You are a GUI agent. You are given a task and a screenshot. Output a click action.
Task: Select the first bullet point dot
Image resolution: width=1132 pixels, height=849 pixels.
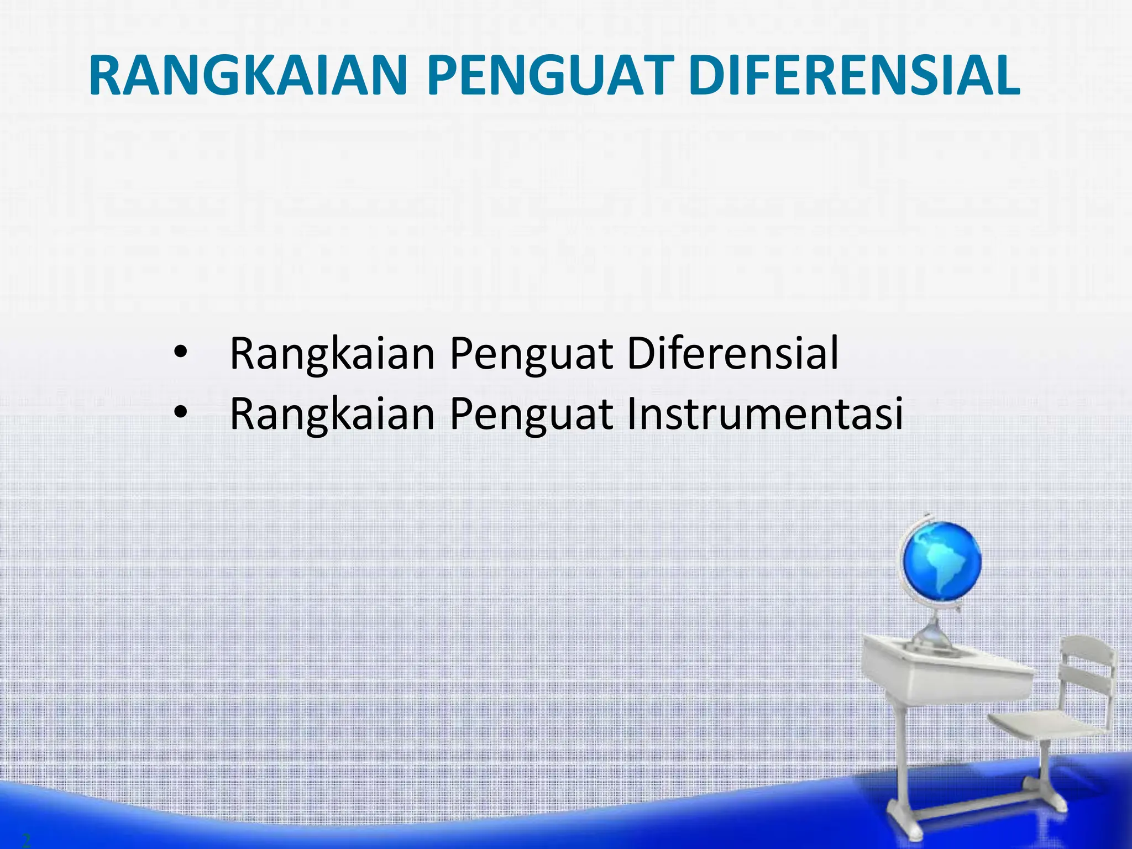181,352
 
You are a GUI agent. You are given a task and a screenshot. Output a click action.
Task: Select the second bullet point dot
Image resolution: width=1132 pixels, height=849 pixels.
181,412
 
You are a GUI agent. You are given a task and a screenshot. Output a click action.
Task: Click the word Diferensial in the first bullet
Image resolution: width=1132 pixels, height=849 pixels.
733,353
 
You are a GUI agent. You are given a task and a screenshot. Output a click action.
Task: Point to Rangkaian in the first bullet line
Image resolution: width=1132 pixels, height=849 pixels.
332,354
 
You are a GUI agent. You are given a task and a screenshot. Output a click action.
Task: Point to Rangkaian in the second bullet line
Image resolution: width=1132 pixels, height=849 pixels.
332,415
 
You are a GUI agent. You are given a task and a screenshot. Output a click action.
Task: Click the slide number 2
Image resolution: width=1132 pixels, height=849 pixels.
26,841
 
